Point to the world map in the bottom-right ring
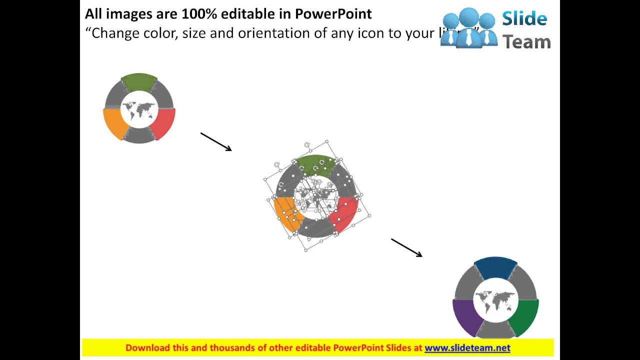point(495,300)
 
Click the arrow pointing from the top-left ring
point(216,141)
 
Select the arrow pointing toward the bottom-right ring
point(406,247)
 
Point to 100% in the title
point(199,14)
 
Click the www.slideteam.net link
point(467,348)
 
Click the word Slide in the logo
point(524,19)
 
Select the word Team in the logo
point(526,42)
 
